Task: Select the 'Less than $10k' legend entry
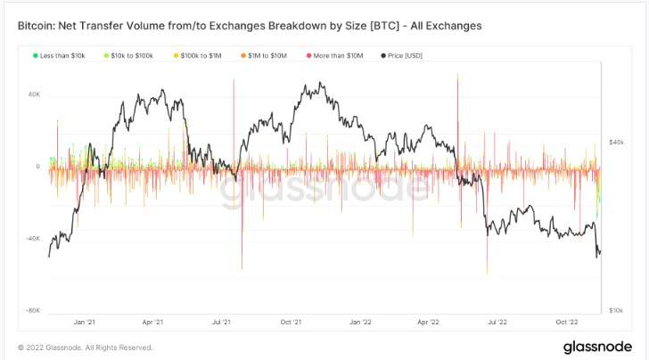click(x=59, y=55)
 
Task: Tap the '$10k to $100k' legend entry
click(x=128, y=55)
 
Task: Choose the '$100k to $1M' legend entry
click(x=197, y=55)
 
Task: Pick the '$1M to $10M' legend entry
click(x=264, y=55)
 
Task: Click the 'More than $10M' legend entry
click(x=334, y=55)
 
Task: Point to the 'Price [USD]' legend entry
click(x=401, y=55)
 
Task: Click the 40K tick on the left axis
click(x=34, y=94)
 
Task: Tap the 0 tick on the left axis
click(x=38, y=167)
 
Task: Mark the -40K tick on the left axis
click(x=33, y=238)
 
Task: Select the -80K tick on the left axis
click(x=33, y=310)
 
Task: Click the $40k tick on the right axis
click(x=616, y=143)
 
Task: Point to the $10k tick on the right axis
click(x=616, y=310)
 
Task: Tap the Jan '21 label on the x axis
click(x=85, y=322)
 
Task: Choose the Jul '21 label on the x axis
click(x=221, y=322)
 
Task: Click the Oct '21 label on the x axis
click(x=291, y=322)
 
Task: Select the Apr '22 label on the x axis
click(x=429, y=322)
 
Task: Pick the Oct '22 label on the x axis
click(x=567, y=322)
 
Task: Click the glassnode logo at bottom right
click(x=597, y=347)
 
